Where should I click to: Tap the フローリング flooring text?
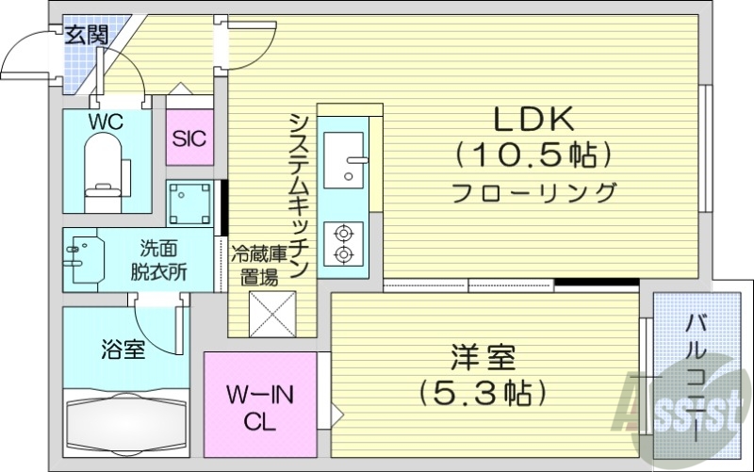pyautogui.click(x=533, y=192)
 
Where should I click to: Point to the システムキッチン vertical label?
pyautogui.click(x=300, y=194)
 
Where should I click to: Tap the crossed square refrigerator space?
pyautogui.click(x=272, y=314)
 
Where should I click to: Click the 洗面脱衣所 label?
pyautogui.click(x=157, y=260)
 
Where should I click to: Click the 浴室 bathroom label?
pyautogui.click(x=123, y=350)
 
